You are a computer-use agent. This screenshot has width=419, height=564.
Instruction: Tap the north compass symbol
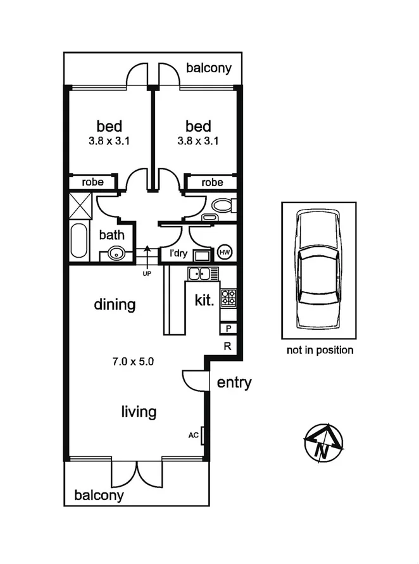(323, 442)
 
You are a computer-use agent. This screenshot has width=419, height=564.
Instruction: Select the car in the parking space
(318, 268)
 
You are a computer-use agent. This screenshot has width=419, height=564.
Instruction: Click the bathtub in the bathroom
(79, 240)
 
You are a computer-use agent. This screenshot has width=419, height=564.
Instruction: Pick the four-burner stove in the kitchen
(228, 297)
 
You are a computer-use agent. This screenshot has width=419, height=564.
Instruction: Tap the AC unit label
(194, 436)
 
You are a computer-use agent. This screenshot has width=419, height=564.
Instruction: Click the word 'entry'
(234, 382)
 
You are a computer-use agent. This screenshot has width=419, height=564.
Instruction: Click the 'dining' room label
(115, 304)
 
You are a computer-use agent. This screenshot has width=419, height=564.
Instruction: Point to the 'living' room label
(139, 412)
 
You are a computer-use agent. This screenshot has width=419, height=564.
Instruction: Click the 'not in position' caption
(320, 350)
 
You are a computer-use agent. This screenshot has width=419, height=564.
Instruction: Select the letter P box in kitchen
(228, 328)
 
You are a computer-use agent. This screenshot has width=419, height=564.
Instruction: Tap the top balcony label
(209, 68)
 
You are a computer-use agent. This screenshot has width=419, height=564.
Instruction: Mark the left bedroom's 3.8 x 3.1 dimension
(109, 141)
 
